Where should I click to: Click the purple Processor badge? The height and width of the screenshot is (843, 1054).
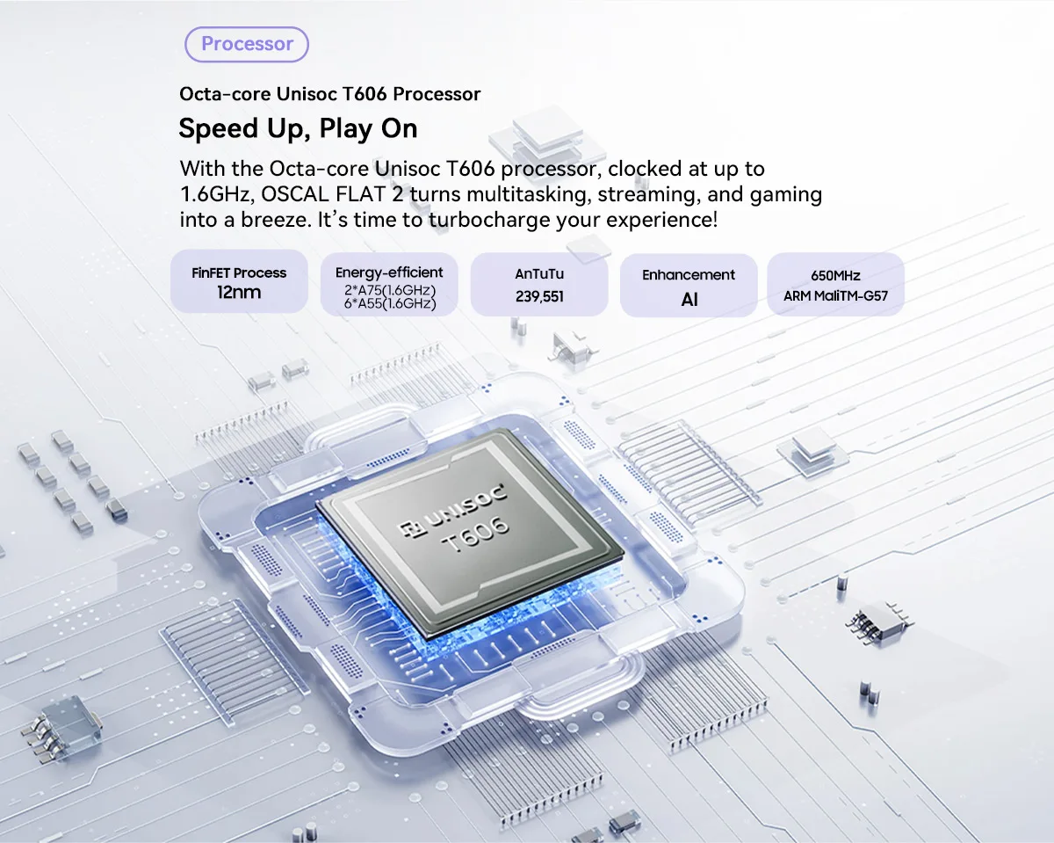pyautogui.click(x=247, y=44)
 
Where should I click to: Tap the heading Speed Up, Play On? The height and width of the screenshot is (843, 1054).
pyautogui.click(x=298, y=128)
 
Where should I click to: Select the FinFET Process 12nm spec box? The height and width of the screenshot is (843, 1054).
pyautogui.click(x=239, y=282)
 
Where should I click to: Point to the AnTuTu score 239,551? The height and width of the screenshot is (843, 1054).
pyautogui.click(x=539, y=297)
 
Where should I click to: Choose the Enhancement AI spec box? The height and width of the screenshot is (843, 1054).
pyautogui.click(x=689, y=285)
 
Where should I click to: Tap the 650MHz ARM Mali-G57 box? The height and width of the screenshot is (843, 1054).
pyautogui.click(x=835, y=285)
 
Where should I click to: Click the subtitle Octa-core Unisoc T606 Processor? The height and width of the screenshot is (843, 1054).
pyautogui.click(x=329, y=93)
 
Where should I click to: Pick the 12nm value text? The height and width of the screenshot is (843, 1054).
pyautogui.click(x=239, y=293)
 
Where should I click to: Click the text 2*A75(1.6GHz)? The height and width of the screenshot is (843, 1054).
pyautogui.click(x=390, y=290)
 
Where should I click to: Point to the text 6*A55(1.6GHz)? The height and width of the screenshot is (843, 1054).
pyautogui.click(x=390, y=304)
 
